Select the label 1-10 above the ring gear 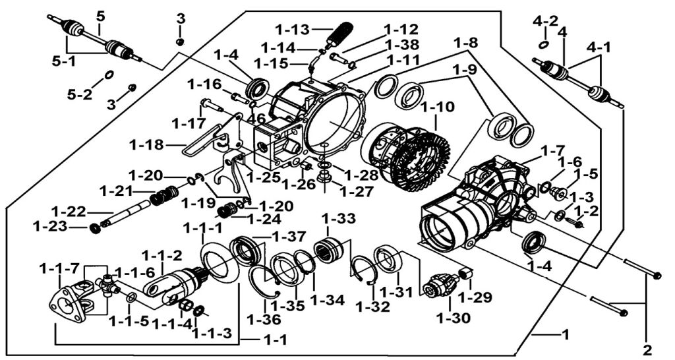[437, 107]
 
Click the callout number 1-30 [454, 318]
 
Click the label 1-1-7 [59, 269]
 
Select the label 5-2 [80, 93]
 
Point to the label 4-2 [545, 20]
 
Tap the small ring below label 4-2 [544, 45]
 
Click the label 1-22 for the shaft [69, 212]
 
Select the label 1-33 [339, 219]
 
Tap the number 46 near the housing [257, 117]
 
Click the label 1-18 [147, 145]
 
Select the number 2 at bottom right [647, 349]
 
